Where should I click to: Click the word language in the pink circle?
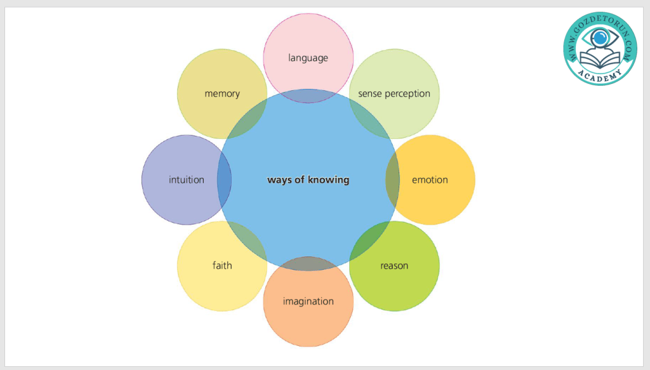pyautogui.click(x=308, y=58)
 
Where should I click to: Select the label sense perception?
pyautogui.click(x=394, y=93)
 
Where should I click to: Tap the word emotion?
pyautogui.click(x=430, y=180)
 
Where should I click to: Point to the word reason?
pyautogui.click(x=394, y=265)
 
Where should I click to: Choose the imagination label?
pyautogui.click(x=308, y=301)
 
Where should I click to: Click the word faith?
pyautogui.click(x=222, y=265)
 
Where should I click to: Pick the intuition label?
pyautogui.click(x=187, y=180)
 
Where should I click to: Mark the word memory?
pyautogui.click(x=222, y=93)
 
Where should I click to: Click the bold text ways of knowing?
pyautogui.click(x=308, y=180)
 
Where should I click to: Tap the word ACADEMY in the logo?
pyautogui.click(x=599, y=74)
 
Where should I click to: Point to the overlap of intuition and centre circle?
pyautogui.click(x=224, y=180)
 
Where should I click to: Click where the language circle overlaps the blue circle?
pyautogui.click(x=308, y=96)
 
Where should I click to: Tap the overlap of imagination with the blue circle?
pyautogui.click(x=308, y=263)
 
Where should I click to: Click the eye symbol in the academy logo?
pyautogui.click(x=599, y=39)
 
